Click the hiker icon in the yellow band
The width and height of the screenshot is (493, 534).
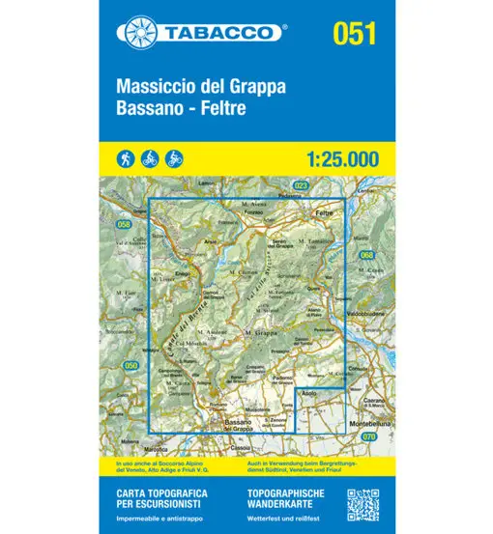(x=127, y=157)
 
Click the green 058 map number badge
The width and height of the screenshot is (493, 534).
(x=123, y=225)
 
